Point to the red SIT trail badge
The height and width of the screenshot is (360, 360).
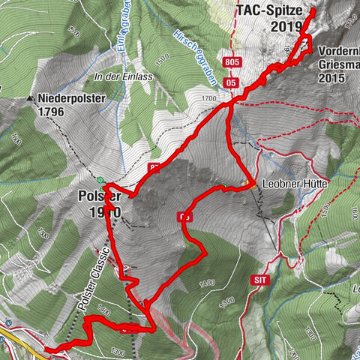tap(260, 279)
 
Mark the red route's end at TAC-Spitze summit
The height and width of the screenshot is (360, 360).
tap(312, 12)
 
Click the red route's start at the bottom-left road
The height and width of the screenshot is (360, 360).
tap(46, 348)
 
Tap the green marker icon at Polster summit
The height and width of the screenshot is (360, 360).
tap(101, 180)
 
